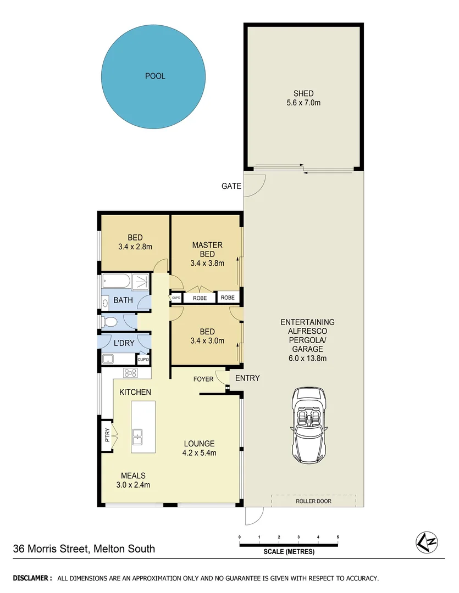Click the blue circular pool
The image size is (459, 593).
click(154, 77)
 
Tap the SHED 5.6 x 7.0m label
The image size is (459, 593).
click(303, 98)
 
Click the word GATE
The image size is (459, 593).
click(231, 186)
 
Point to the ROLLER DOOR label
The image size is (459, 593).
click(313, 501)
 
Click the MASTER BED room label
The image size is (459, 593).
click(207, 254)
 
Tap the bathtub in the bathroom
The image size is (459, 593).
click(117, 282)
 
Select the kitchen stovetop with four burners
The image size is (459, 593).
click(130, 373)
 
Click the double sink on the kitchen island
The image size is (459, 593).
click(138, 437)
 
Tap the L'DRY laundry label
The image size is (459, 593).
click(124, 343)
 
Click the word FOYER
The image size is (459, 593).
click(203, 379)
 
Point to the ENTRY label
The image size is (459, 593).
click(247, 378)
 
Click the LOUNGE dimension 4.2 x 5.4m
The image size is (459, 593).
click(200, 453)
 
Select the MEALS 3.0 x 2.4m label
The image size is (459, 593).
click(134, 480)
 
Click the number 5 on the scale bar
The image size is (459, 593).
click(338, 536)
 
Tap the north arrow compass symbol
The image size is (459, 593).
click(426, 542)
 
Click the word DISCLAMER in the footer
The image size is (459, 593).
click(32, 578)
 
